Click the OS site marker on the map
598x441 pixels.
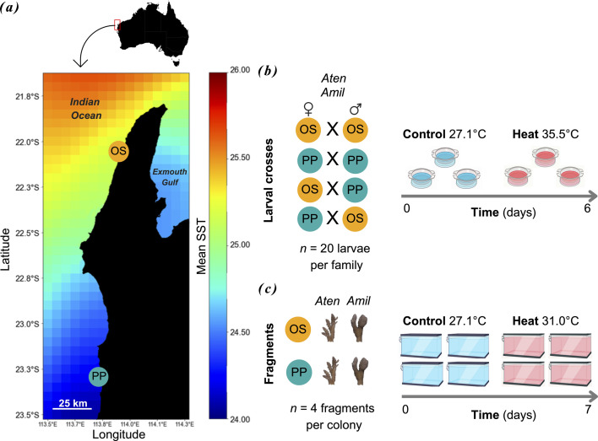120,152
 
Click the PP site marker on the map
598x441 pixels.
99,377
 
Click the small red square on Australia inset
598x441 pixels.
117,24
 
